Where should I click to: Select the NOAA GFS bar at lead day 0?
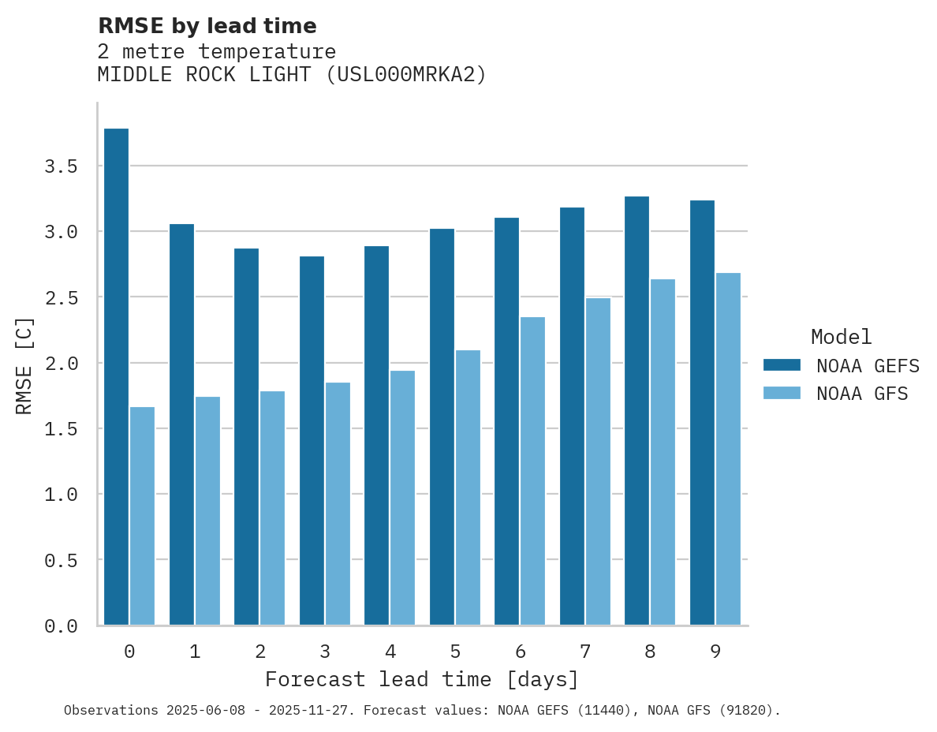pos(142,516)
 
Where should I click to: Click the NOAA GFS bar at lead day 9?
pos(728,449)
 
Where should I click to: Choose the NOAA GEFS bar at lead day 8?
pos(636,410)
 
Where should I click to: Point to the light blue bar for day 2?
pos(272,508)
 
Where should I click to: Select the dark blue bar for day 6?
pos(506,421)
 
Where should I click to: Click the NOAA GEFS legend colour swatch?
pos(782,365)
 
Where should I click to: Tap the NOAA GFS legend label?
pos(862,394)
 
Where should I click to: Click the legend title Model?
pos(841,337)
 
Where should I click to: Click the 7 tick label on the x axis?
pos(584,652)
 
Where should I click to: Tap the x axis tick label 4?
pos(390,652)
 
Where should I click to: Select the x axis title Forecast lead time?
pos(422,679)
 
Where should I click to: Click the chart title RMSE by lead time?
pos(207,26)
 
